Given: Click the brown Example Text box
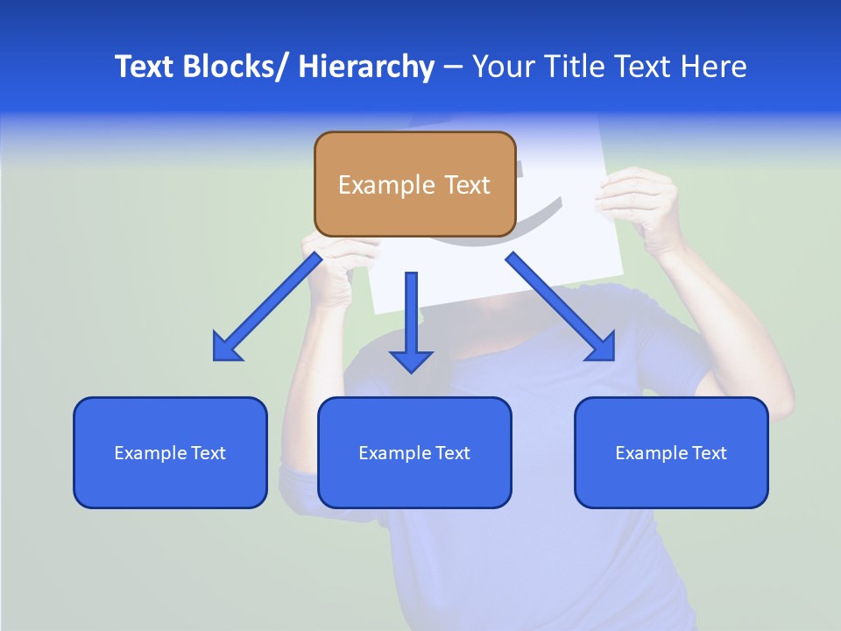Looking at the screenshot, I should (414, 184).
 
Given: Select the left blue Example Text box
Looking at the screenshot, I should (170, 452).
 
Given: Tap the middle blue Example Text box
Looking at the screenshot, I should (414, 452).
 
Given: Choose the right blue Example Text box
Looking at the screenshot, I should (671, 452).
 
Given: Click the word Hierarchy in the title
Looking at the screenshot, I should (366, 67).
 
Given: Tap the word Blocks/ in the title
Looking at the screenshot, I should (234, 67).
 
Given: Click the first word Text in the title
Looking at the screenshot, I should (145, 67).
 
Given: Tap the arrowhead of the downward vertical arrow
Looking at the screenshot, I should (411, 359).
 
